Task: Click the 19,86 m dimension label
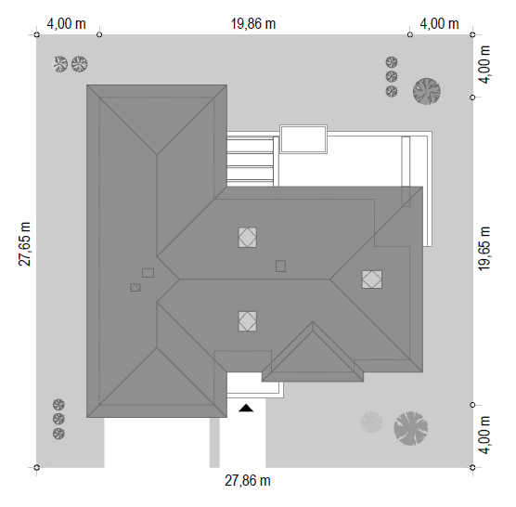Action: tap(252, 24)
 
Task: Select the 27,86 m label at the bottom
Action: tap(248, 481)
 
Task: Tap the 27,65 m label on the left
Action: tap(24, 244)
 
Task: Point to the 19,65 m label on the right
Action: tap(484, 249)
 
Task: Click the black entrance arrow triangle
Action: tap(246, 409)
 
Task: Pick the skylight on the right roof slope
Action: tap(372, 279)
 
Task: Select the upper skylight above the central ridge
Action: tap(248, 237)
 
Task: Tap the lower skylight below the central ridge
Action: tap(248, 321)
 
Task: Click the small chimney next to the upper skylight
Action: tap(280, 266)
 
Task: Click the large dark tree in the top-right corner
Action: tap(427, 91)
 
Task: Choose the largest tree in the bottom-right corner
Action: tap(411, 428)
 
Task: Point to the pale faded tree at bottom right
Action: tap(371, 422)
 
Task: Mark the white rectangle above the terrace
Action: tap(303, 139)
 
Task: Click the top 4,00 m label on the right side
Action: tap(484, 64)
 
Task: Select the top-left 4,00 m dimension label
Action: tap(66, 24)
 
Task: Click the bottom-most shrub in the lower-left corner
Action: tap(58, 434)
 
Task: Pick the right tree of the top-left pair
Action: tap(80, 64)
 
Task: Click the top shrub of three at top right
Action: tap(392, 62)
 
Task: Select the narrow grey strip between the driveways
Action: tap(214, 443)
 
